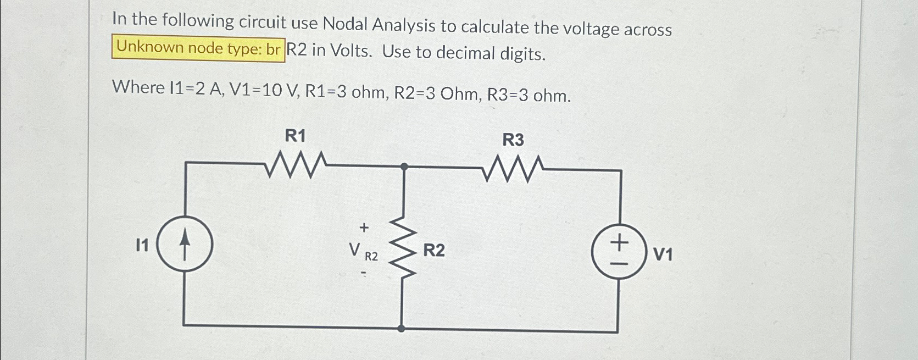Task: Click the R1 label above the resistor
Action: click(x=295, y=136)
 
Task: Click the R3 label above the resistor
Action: click(x=513, y=140)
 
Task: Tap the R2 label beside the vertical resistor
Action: click(x=433, y=251)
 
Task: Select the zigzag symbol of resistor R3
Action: click(x=514, y=168)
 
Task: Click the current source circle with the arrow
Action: click(x=185, y=243)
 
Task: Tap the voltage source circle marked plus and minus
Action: click(x=619, y=251)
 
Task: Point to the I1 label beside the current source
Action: click(x=142, y=246)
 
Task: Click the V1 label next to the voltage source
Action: click(x=663, y=254)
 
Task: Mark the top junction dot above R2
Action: click(x=404, y=166)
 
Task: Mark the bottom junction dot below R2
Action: click(x=402, y=328)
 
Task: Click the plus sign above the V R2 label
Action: click(x=363, y=226)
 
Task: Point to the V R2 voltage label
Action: click(x=363, y=252)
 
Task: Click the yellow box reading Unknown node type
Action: click(x=198, y=48)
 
